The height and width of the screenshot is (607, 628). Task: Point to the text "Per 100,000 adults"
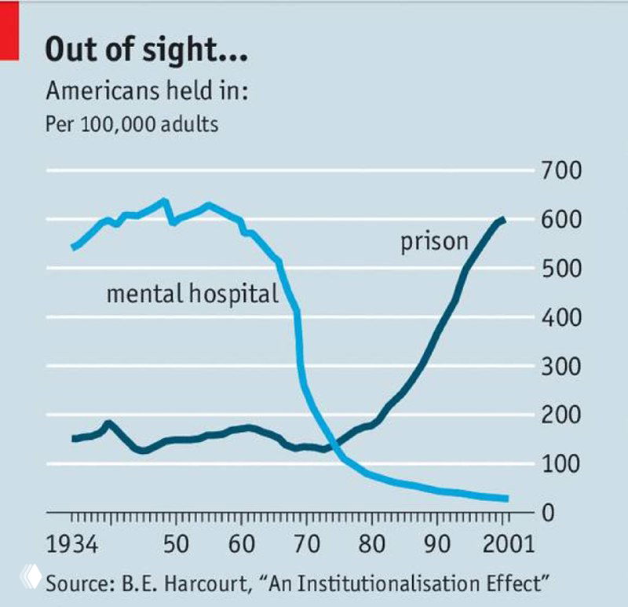[x=132, y=123]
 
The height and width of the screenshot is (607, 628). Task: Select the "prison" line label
[x=434, y=242]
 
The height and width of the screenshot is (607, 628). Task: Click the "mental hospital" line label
[x=192, y=294]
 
